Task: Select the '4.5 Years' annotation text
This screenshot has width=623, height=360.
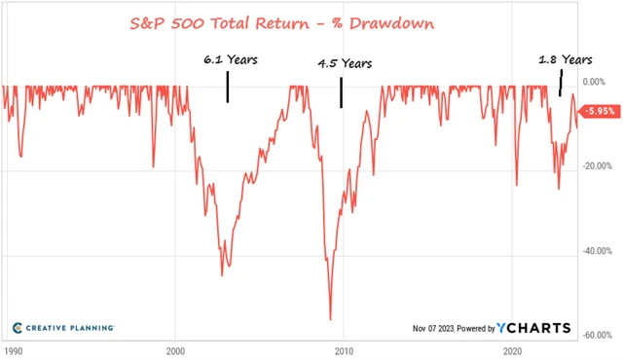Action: [x=346, y=64]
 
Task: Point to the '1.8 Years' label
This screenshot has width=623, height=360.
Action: [x=566, y=59]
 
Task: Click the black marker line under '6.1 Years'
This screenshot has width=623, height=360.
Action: [x=227, y=90]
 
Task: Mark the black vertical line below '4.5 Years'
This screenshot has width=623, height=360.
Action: [x=341, y=92]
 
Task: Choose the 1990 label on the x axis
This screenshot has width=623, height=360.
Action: [x=14, y=348]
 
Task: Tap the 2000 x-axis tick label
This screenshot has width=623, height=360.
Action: [x=176, y=348]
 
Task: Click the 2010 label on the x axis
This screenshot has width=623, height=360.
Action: [x=344, y=348]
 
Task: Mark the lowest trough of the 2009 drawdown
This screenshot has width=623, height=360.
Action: [x=330, y=319]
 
